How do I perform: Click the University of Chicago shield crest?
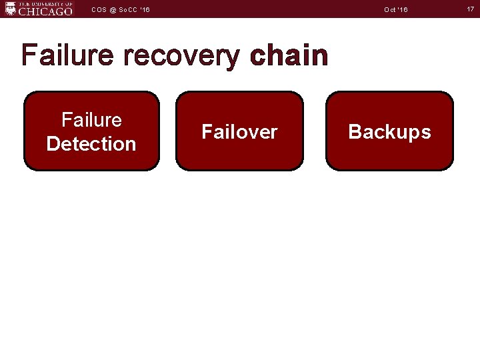tap(10, 8)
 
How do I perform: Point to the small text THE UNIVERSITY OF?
tap(45, 3)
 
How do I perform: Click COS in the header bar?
tap(99, 9)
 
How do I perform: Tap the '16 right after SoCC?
tap(145, 9)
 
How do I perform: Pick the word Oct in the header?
tap(391, 9)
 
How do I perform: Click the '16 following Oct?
tap(403, 9)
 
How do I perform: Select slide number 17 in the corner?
tap(470, 9)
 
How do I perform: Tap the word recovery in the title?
tap(181, 57)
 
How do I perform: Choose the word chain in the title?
tap(289, 55)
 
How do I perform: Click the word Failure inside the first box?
tap(91, 120)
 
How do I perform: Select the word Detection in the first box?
tap(91, 143)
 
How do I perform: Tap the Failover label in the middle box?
tap(239, 132)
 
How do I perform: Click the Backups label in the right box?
tap(389, 132)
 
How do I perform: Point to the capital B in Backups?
tap(355, 132)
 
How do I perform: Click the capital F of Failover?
tap(207, 132)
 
